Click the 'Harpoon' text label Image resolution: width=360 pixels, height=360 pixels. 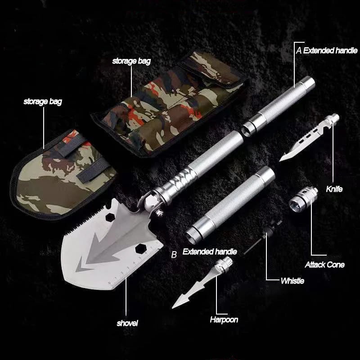click(224, 320)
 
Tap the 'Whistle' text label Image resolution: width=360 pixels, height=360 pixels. click(292, 281)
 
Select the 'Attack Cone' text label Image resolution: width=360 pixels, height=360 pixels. click(324, 265)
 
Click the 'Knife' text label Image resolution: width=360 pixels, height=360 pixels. click(334, 189)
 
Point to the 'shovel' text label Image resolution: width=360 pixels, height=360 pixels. click(127, 323)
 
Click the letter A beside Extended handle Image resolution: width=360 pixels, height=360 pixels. click(298, 50)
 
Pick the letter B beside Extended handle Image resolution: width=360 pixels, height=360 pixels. click(174, 255)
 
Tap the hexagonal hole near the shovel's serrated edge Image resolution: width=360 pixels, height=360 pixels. click(109, 217)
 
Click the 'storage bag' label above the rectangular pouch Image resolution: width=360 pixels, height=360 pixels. click(131, 61)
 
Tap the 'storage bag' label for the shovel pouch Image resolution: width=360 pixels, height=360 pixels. click(43, 102)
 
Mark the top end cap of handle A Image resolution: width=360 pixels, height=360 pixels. click(307, 83)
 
